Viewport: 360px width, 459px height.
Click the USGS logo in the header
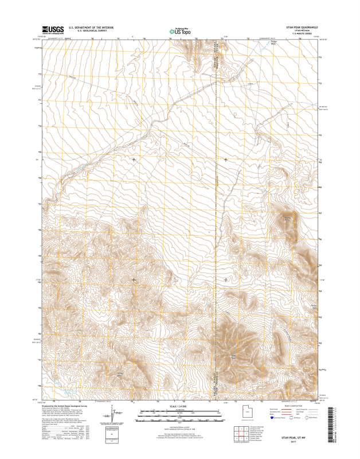tap(52, 29)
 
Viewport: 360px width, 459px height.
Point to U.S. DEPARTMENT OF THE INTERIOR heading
tap(91, 27)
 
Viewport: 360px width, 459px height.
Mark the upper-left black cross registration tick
tap(134, 160)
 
